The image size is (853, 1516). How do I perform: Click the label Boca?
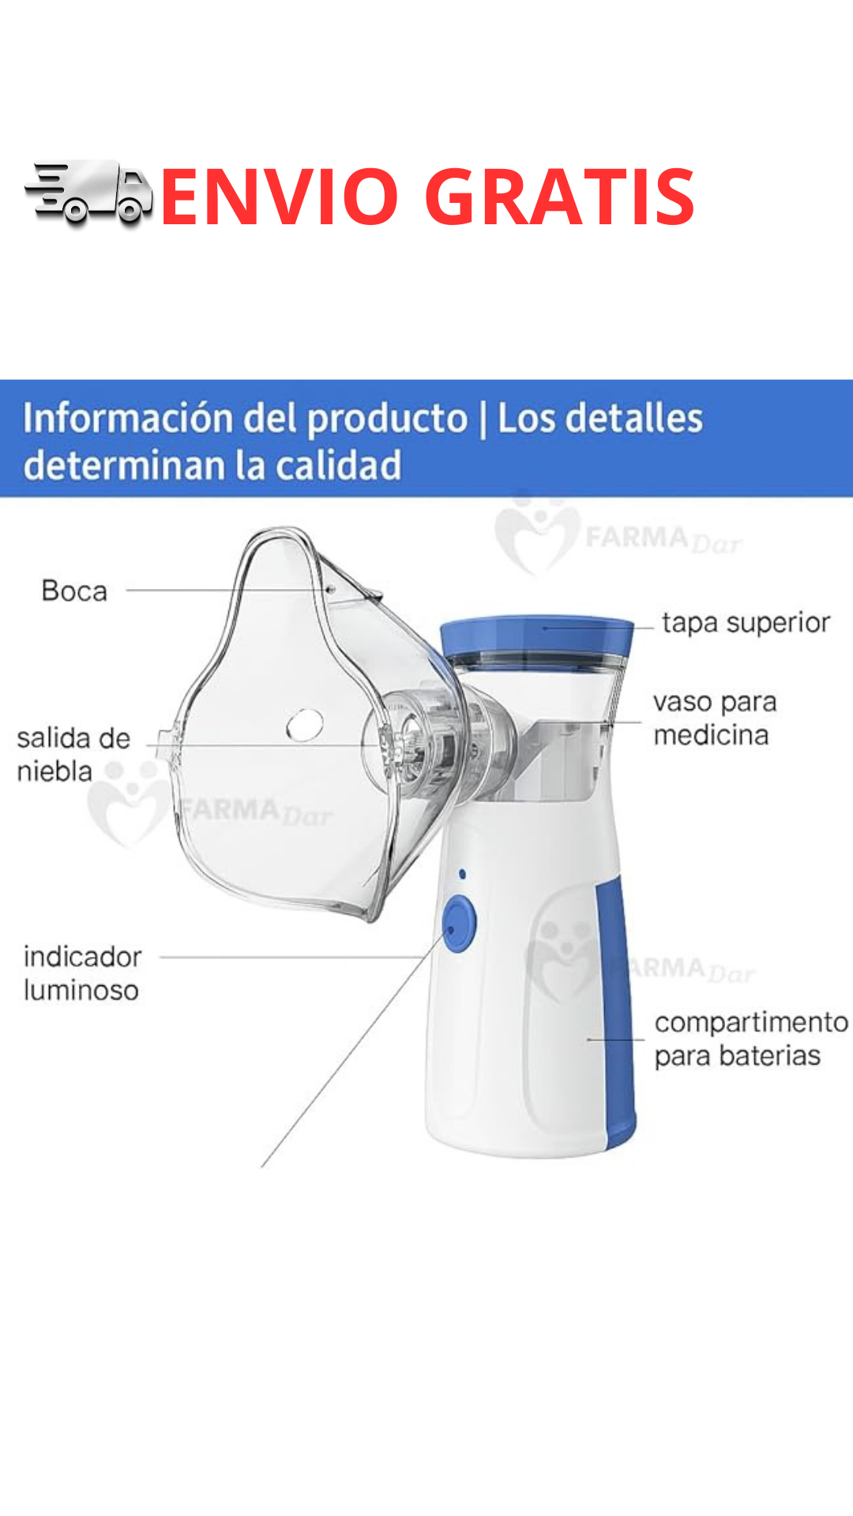[74, 591]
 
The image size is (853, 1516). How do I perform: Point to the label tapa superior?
[746, 622]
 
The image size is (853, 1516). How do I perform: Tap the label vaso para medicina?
[715, 719]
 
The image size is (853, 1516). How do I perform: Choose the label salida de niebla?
[73, 754]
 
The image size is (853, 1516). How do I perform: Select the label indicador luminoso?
[82, 973]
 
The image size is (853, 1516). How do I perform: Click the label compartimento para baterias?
[750, 1038]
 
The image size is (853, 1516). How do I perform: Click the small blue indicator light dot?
[462, 874]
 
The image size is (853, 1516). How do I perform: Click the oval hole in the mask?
[304, 725]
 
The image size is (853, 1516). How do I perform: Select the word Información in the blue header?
[126, 418]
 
